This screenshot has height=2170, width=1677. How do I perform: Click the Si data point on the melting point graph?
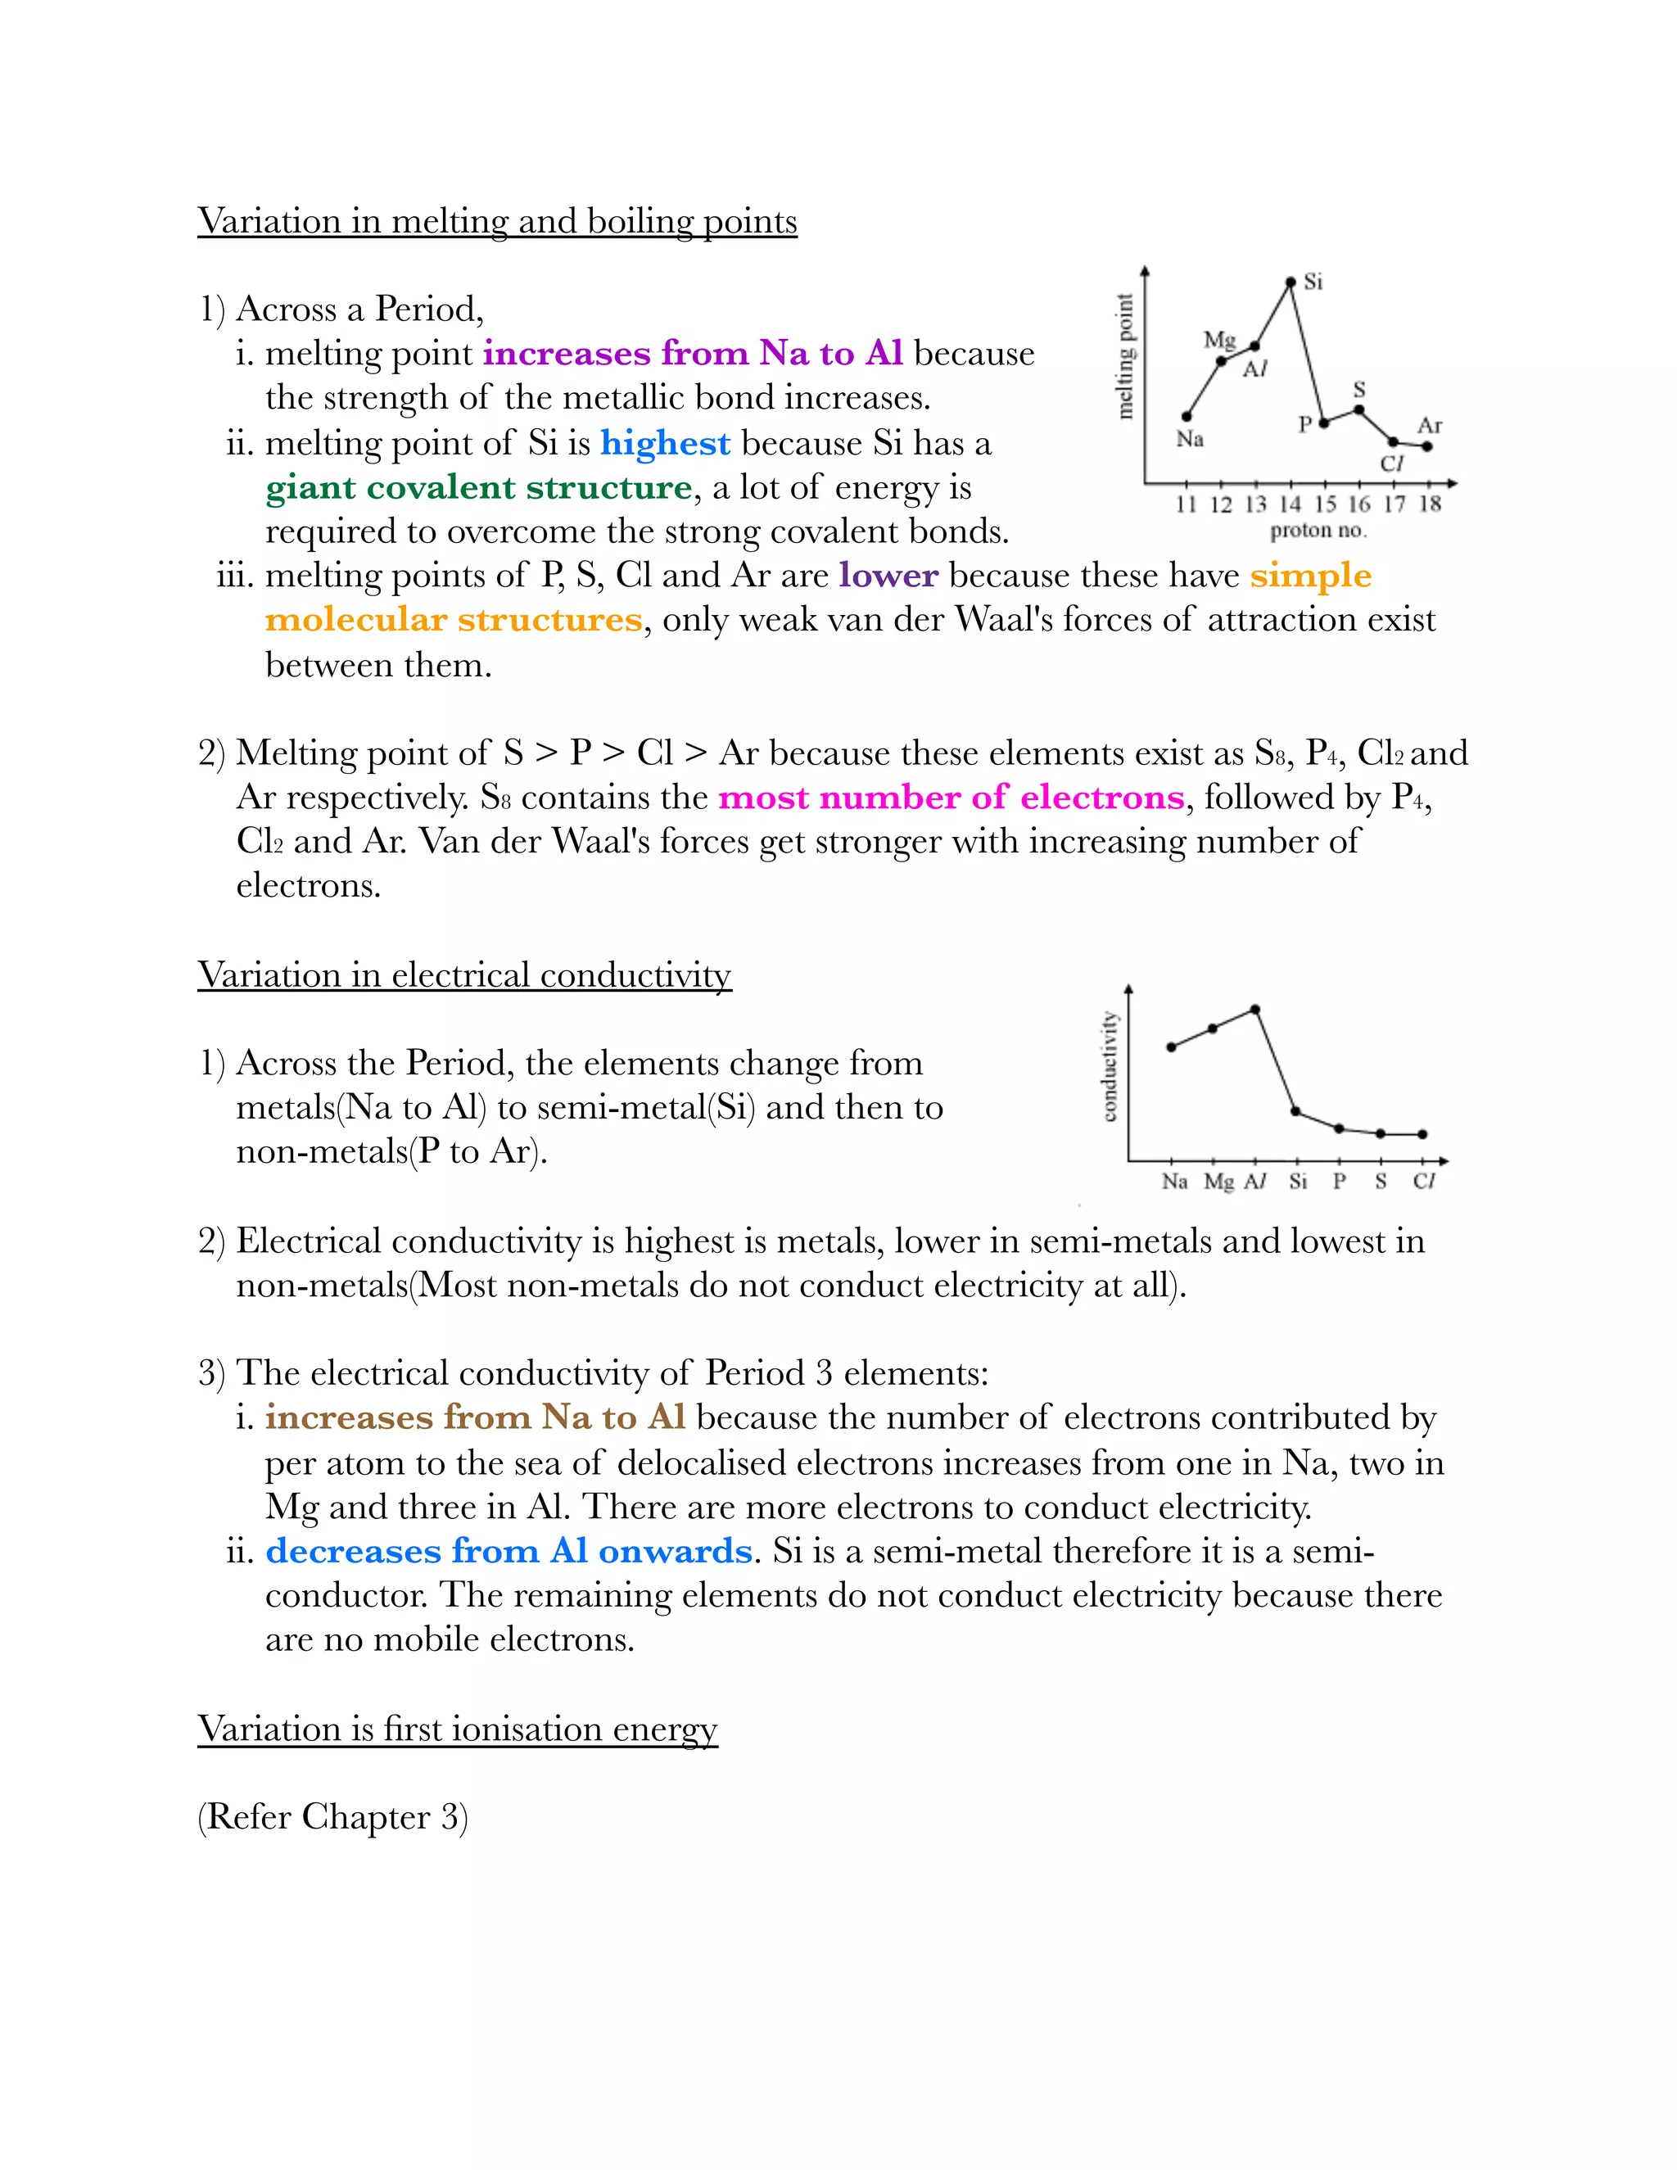coord(1291,283)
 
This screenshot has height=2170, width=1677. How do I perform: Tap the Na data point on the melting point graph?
coord(1187,416)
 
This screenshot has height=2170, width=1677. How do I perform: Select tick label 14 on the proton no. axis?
coord(1290,504)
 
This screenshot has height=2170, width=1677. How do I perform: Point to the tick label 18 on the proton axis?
coord(1429,504)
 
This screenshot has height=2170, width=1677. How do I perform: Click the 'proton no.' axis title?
coord(1318,531)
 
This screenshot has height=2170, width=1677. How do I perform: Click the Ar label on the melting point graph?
coord(1430,425)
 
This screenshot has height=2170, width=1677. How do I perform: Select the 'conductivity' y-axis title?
coord(1110,1066)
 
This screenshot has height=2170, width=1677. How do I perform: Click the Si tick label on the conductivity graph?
coord(1298,1182)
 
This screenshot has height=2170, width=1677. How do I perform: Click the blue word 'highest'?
coord(665,443)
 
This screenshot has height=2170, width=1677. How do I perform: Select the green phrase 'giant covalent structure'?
coord(478,488)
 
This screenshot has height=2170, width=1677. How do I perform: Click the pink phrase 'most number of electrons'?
coord(951,798)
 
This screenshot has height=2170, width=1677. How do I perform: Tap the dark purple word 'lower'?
coord(888,576)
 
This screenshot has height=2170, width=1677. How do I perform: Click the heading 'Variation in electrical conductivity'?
coord(464,974)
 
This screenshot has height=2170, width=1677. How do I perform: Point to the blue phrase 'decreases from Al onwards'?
coord(509,1551)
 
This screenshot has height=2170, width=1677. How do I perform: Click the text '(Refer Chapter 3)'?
coord(332,1817)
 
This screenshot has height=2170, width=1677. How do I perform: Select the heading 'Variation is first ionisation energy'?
coord(457,1729)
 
